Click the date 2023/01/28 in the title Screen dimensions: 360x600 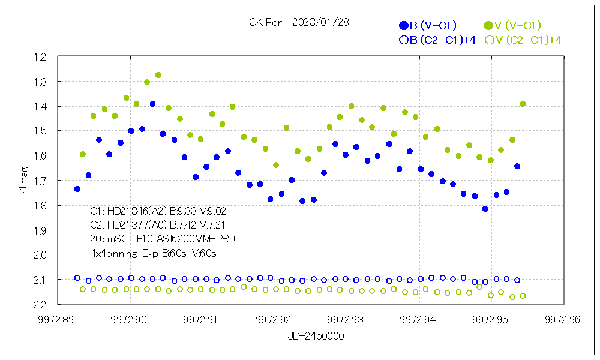tap(320, 22)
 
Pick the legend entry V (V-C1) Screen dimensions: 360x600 tap(513, 25)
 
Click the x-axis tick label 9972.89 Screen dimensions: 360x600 tap(58, 319)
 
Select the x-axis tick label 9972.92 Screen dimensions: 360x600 tap(275, 319)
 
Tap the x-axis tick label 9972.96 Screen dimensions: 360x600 tap(564, 319)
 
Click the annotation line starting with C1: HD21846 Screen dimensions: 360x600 tap(158, 211)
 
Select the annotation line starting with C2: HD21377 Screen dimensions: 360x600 tap(158, 225)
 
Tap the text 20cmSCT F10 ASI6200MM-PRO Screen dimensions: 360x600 tap(162, 239)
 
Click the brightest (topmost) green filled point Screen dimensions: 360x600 tap(158, 75)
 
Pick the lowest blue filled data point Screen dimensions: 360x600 tap(485, 209)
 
